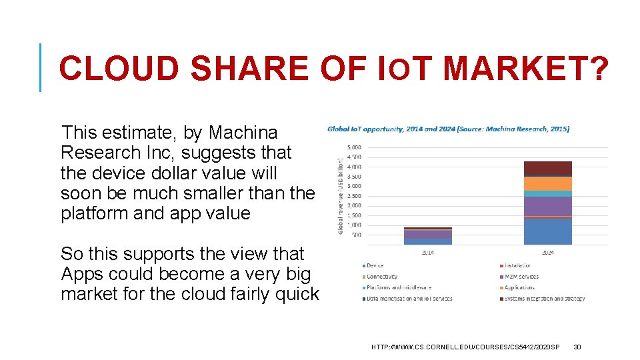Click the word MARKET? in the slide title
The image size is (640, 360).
(525, 68)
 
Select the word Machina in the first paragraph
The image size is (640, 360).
(243, 133)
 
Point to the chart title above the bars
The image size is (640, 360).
(448, 129)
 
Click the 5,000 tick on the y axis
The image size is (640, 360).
(355, 147)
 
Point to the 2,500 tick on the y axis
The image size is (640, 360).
(355, 196)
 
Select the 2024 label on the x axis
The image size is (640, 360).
(547, 253)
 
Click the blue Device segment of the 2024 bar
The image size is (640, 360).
(547, 231)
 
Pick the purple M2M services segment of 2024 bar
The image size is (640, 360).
(547, 206)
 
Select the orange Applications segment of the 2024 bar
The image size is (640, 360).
(547, 183)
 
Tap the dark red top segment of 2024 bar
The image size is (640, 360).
(547, 167)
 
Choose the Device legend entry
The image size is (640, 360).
(375, 265)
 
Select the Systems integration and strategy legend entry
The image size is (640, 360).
(545, 298)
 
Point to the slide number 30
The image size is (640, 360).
(577, 347)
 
